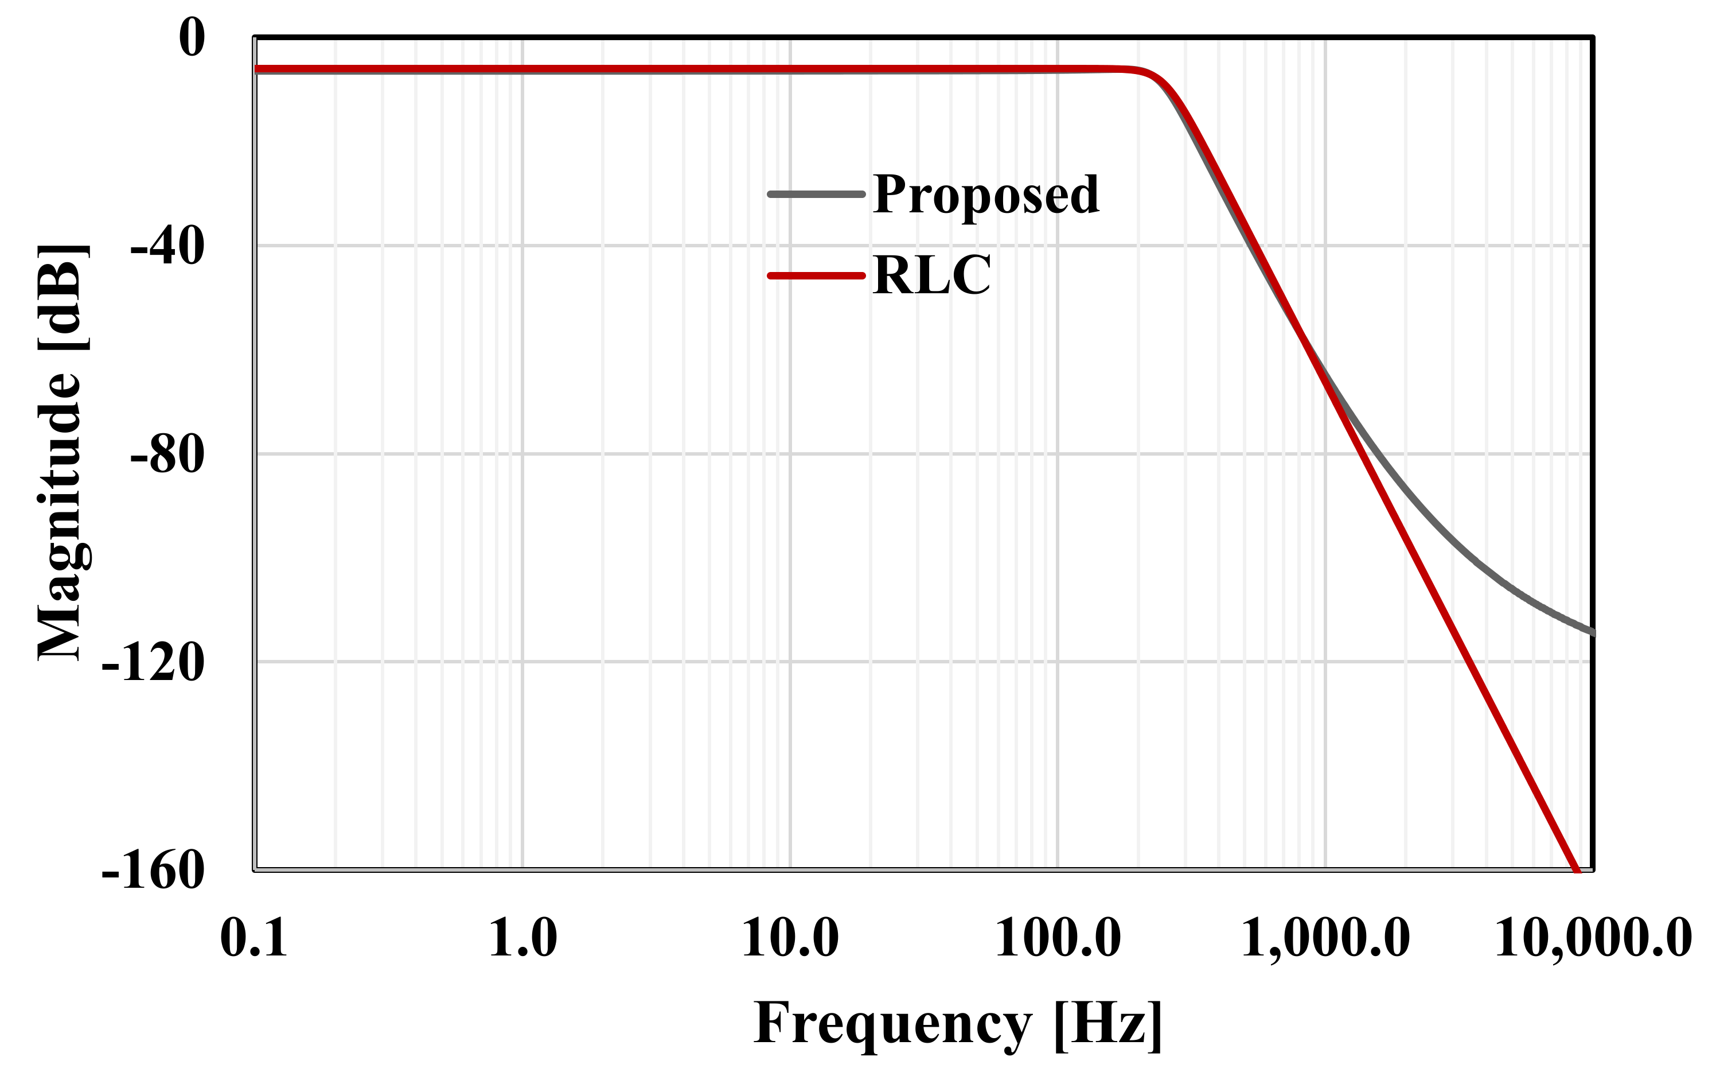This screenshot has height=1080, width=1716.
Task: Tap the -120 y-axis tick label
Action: (153, 662)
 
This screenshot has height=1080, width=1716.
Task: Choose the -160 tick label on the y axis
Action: (153, 871)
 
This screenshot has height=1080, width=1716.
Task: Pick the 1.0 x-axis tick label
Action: (522, 938)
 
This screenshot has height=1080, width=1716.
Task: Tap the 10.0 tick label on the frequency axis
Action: (790, 938)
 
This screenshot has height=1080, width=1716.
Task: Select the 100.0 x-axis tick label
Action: (1058, 938)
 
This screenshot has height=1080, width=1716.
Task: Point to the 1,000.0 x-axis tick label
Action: (1325, 938)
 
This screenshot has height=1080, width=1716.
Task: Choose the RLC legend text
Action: (931, 275)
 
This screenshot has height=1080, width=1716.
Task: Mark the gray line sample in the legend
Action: (817, 194)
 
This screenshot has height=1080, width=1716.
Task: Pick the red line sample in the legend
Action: (817, 276)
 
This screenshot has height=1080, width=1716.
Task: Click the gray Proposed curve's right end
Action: (1592, 632)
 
